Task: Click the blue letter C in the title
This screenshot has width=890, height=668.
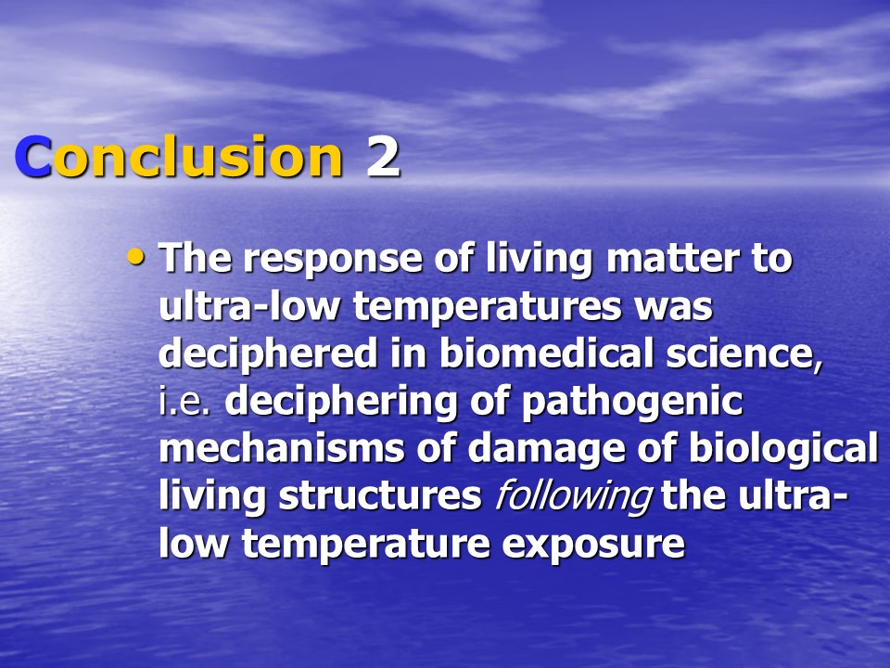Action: click(33, 157)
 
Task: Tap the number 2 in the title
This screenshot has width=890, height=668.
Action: click(383, 157)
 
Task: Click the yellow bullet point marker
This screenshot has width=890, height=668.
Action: click(135, 256)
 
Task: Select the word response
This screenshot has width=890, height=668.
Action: click(333, 260)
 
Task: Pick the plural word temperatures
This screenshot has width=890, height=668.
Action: click(488, 308)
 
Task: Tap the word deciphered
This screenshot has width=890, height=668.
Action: click(268, 353)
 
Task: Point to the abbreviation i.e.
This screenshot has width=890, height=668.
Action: click(185, 402)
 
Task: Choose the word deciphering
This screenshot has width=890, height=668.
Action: click(340, 402)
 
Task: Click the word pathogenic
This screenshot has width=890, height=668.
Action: click(631, 402)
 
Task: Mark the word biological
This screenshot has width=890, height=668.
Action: click(783, 449)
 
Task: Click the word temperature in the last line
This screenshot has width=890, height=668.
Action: click(365, 545)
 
